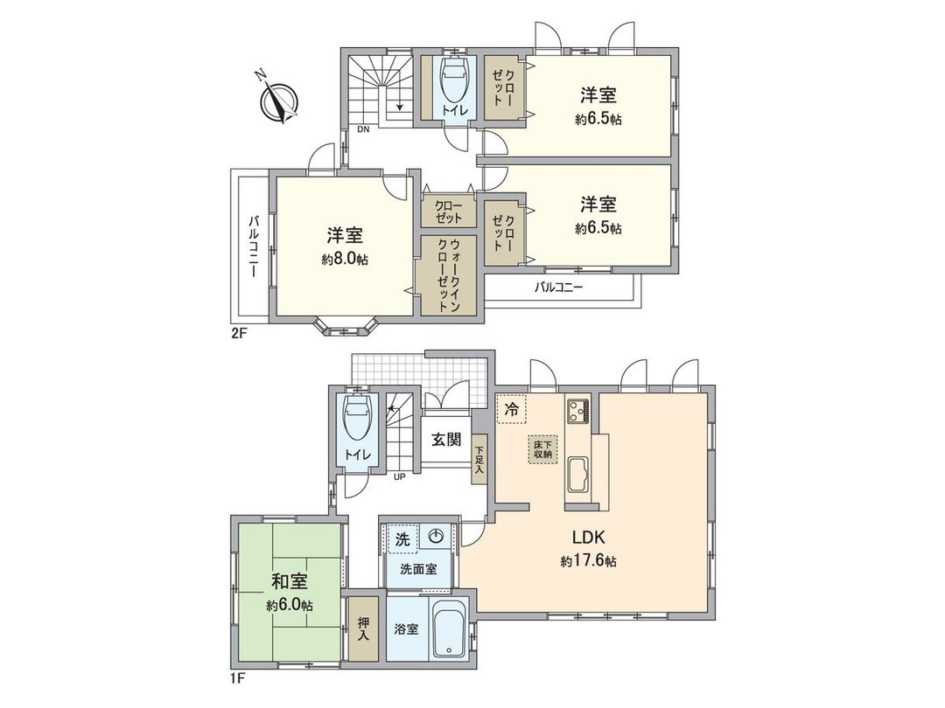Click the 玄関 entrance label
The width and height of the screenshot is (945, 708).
445,440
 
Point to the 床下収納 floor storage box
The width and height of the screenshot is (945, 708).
542,449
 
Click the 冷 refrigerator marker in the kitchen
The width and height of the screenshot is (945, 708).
510,407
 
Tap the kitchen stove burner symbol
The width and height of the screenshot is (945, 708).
579,409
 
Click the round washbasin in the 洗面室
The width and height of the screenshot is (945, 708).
437,537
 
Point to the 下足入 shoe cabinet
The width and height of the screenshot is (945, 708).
479,461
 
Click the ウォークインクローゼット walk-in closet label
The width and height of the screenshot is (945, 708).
449,274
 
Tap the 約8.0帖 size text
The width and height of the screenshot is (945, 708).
345,259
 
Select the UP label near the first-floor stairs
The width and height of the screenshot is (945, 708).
399,477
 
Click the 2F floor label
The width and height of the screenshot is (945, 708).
236,333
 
